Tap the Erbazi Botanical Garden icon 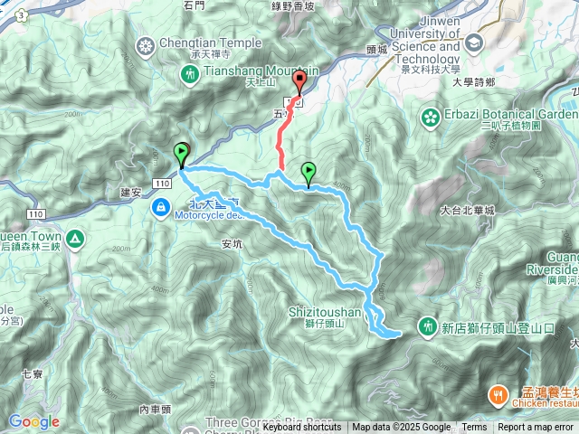click(x=430, y=116)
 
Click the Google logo click(x=33, y=421)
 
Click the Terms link click(x=474, y=428)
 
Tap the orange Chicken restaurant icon click(x=498, y=395)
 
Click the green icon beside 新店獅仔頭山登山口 click(x=428, y=325)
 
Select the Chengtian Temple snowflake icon click(x=146, y=45)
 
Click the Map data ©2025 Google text click(x=401, y=428)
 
